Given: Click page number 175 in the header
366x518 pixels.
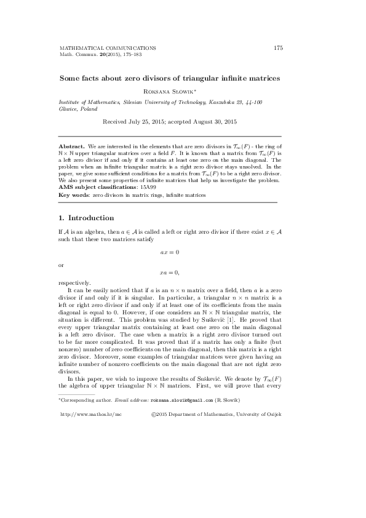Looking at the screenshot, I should click(278, 47).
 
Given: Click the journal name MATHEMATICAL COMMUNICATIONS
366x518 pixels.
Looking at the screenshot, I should click(107, 47).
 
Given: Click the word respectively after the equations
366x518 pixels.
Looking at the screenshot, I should click(73, 282).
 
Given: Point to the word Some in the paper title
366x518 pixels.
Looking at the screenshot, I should click(69, 78).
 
